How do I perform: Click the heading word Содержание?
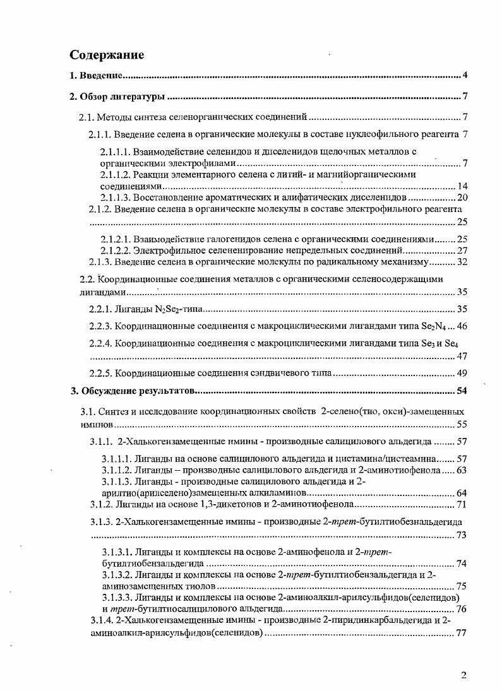pyautogui.click(x=107, y=55)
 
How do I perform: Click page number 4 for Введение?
pyautogui.click(x=464, y=76)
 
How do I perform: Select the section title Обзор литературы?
pyautogui.click(x=123, y=97)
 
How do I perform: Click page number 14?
pyautogui.click(x=461, y=187)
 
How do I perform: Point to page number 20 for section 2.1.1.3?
pyautogui.click(x=461, y=198)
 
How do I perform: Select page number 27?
pyautogui.click(x=461, y=250)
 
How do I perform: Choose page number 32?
pyautogui.click(x=461, y=261)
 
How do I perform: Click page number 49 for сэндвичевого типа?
pyautogui.click(x=461, y=372)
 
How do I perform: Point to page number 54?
pyautogui.click(x=461, y=391)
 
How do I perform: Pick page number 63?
pyautogui.click(x=461, y=470)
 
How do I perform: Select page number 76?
pyautogui.click(x=461, y=609)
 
